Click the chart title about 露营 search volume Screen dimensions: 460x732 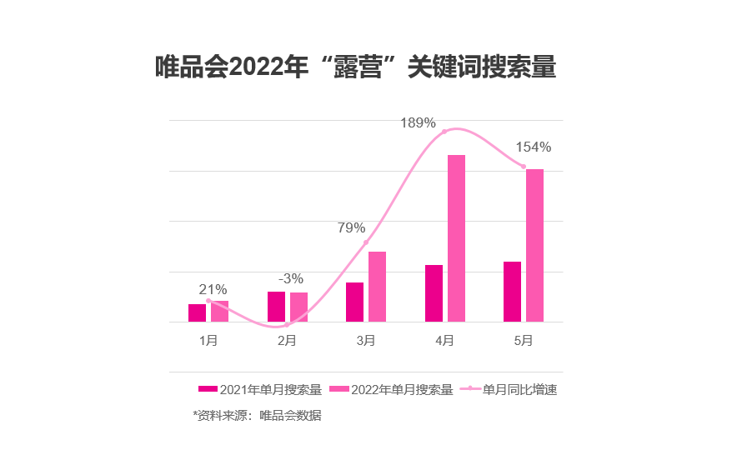click(x=355, y=67)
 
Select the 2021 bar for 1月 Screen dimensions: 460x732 click(x=197, y=312)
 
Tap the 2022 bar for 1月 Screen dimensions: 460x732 click(x=219, y=311)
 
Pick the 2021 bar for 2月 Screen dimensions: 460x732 click(x=276, y=306)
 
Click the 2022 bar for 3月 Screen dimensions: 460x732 click(x=377, y=286)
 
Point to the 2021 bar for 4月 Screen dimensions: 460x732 click(x=434, y=292)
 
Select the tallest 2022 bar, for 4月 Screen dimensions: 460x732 click(x=456, y=237)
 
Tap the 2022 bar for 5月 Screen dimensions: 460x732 click(x=534, y=245)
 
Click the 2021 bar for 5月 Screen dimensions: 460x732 click(x=512, y=291)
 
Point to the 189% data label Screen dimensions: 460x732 click(x=418, y=123)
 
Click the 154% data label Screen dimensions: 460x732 click(x=533, y=147)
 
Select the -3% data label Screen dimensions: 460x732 click(x=290, y=278)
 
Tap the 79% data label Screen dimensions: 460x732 click(x=351, y=227)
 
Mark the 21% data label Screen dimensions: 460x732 click(x=213, y=289)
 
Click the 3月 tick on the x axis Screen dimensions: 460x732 click(x=365, y=341)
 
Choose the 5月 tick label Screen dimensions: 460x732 click(x=523, y=341)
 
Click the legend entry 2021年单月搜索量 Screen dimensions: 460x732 click(x=260, y=389)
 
